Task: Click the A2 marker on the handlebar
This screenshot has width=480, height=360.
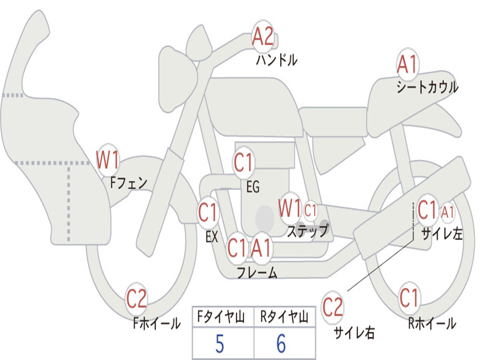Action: click(262, 36)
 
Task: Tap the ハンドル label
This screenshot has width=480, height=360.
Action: click(277, 60)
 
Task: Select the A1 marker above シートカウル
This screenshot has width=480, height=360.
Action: click(407, 64)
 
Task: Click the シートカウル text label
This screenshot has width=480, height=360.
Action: click(427, 87)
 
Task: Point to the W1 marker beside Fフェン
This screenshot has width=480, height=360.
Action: click(107, 160)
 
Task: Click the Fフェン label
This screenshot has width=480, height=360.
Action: click(128, 183)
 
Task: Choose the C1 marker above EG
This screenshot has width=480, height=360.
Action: click(243, 162)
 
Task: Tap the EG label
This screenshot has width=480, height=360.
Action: click(253, 186)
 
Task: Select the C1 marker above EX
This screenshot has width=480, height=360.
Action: click(208, 212)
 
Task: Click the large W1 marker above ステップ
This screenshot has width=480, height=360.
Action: click(290, 208)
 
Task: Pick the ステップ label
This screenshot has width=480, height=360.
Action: click(308, 230)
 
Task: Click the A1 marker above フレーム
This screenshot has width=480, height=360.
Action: click(261, 247)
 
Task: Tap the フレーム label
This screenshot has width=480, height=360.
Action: click(257, 272)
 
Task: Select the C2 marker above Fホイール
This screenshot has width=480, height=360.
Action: click(136, 299)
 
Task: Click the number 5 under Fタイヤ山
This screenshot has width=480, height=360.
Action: click(219, 344)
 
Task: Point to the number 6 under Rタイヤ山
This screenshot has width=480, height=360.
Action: click(281, 344)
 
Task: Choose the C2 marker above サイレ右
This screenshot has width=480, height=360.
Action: click(332, 307)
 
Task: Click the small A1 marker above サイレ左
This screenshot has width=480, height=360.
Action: click(448, 212)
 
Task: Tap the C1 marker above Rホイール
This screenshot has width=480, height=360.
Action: click(409, 298)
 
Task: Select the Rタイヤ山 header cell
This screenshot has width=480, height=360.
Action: click(285, 317)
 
